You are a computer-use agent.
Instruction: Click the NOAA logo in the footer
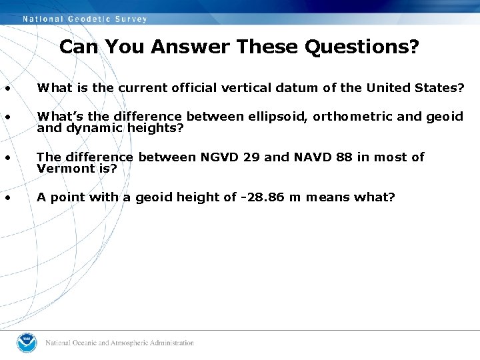point(27,343)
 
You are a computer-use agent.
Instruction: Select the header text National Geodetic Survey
point(85,19)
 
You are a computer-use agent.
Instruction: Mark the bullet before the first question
point(7,88)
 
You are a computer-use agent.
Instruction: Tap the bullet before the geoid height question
point(7,197)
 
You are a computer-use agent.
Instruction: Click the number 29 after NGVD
point(252,157)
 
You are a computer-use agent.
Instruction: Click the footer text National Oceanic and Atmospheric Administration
point(120,343)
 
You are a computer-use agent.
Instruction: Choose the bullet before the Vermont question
point(7,158)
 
